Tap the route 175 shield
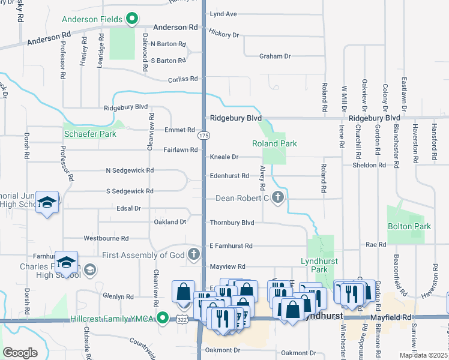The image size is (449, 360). [204, 136]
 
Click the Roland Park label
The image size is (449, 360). [274, 143]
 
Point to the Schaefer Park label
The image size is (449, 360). [90, 134]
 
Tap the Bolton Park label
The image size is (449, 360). [409, 226]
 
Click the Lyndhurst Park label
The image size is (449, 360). [315, 265]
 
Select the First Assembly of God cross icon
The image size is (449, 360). [193, 255]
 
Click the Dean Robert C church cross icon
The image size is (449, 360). [277, 197]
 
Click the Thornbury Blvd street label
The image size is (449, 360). [232, 223]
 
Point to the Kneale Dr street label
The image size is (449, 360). [224, 157]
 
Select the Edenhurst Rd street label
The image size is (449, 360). [229, 176]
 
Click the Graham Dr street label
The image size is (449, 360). [274, 56]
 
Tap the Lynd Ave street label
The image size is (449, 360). [223, 13]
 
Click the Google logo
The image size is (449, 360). [20, 353]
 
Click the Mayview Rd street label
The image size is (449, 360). [228, 266]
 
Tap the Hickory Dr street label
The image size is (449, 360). [224, 35]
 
